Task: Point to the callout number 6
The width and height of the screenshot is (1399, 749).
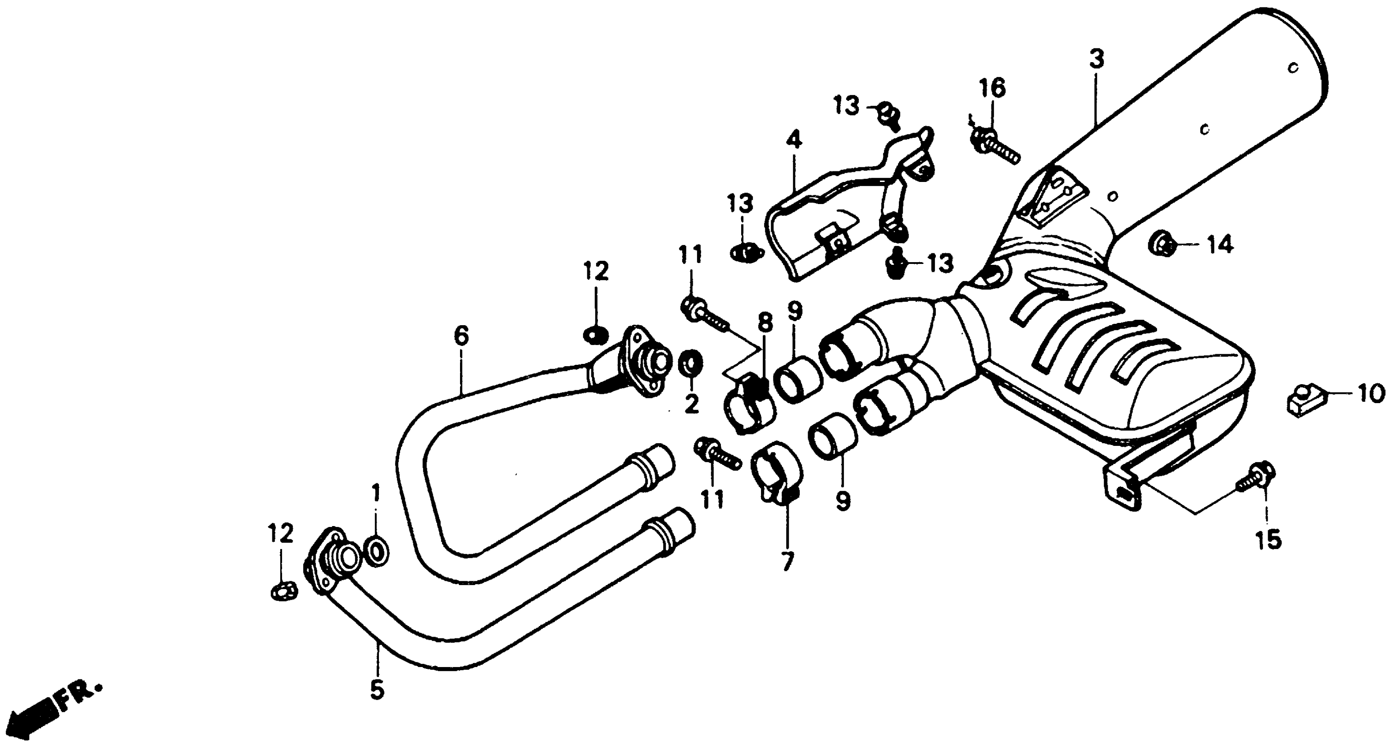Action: pos(460,336)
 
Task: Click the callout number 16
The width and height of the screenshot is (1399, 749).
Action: pos(993,88)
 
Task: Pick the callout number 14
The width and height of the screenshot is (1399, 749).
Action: pos(1220,245)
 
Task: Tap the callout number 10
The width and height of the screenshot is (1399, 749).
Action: pos(1372,394)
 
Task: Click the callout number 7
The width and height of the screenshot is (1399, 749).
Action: pos(787,561)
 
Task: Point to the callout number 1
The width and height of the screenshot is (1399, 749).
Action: pos(376,494)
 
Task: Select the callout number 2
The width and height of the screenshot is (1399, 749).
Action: pos(691,404)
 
